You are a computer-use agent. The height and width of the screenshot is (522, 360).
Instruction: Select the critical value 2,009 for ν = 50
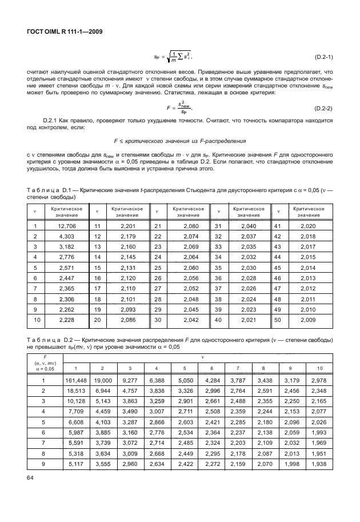pos(309,320)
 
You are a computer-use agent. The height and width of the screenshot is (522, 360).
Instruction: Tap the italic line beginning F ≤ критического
pos(179,140)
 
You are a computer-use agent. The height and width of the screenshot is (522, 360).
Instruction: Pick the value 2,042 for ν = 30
pos(187,320)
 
